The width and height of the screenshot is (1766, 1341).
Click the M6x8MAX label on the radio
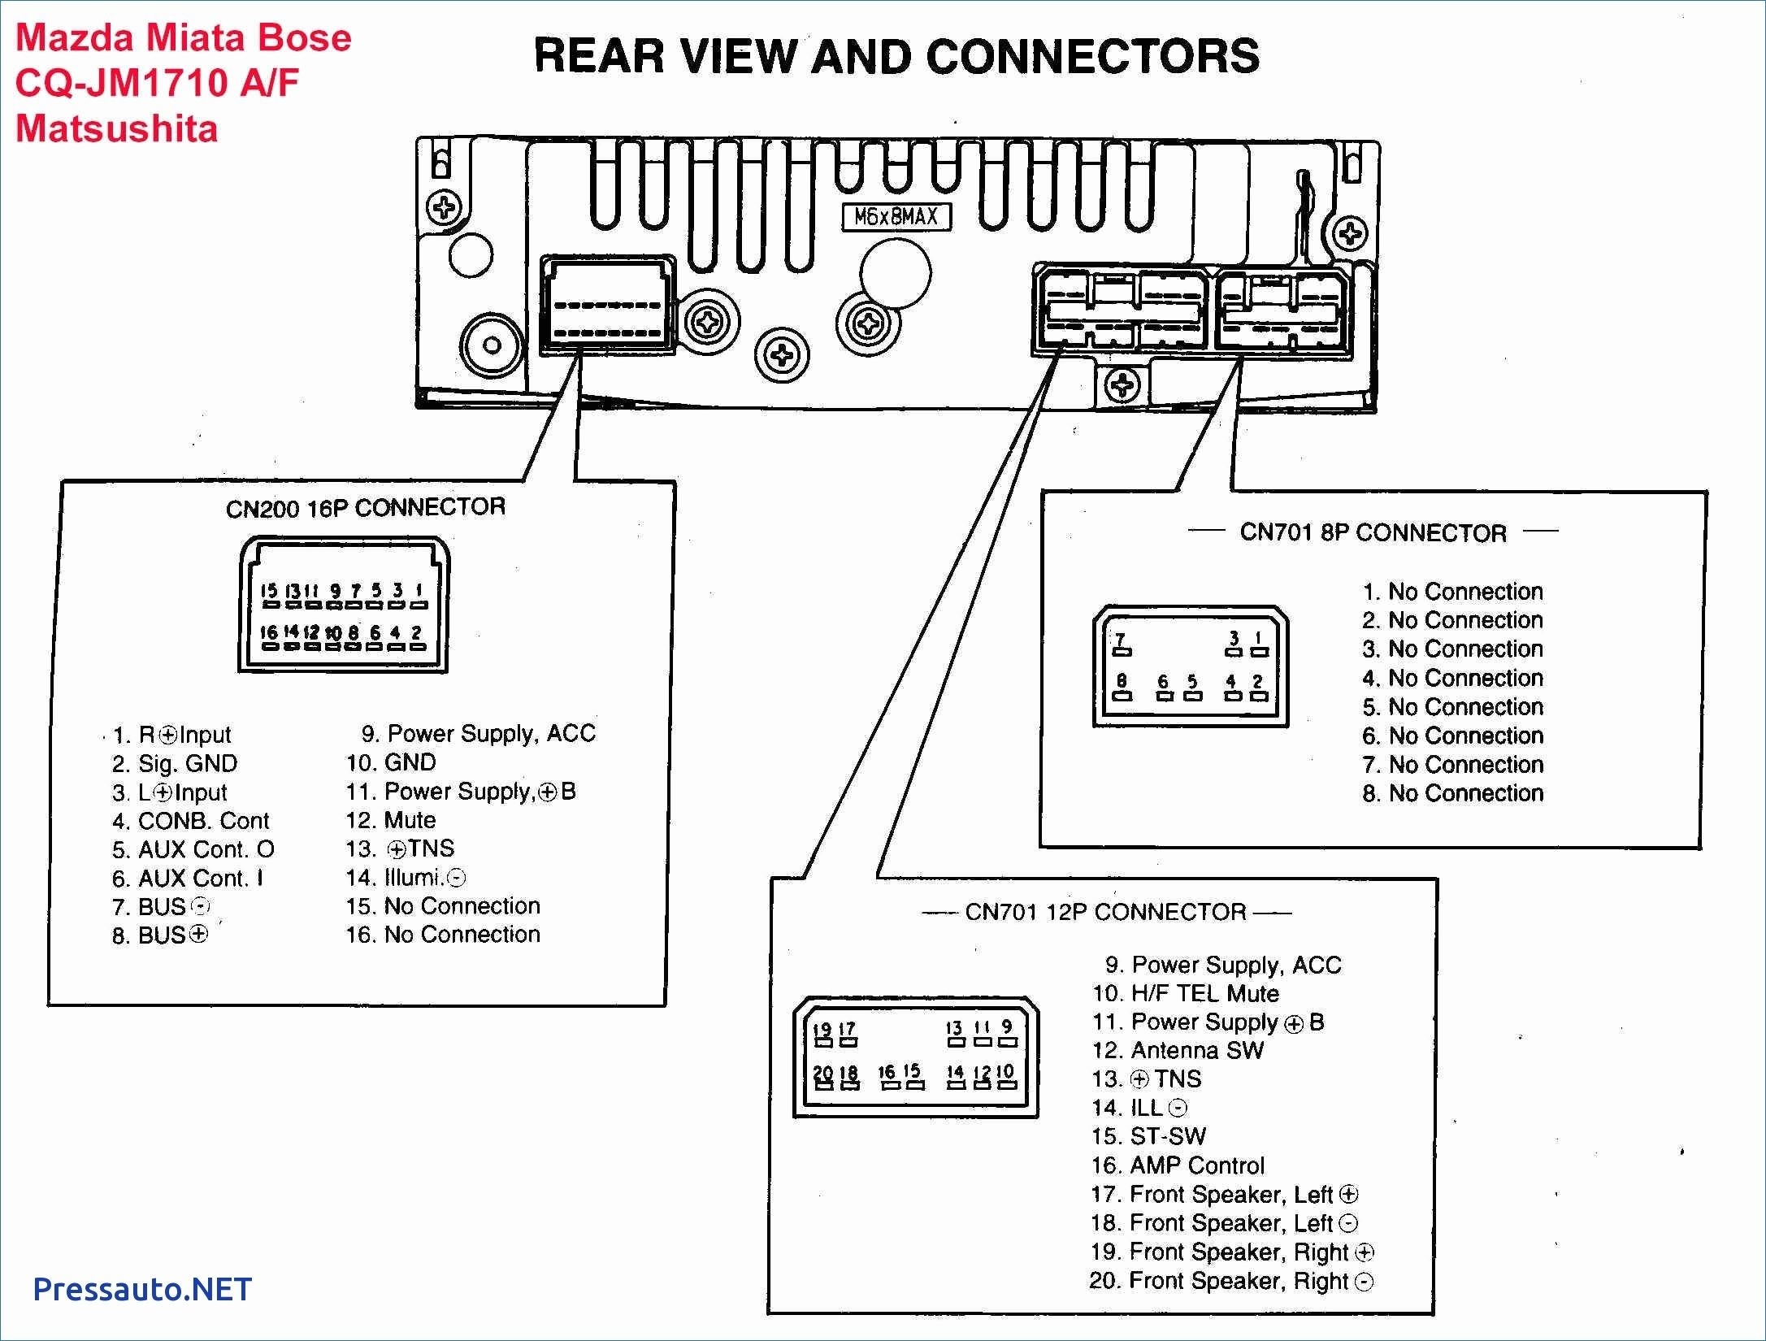[896, 217]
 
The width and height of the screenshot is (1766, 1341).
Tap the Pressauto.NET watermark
[142, 1289]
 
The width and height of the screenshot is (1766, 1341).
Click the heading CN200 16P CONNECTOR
[365, 508]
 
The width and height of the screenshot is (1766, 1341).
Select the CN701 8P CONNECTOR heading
[1373, 532]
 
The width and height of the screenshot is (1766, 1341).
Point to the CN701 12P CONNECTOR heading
[1105, 912]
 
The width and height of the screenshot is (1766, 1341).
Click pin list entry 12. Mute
[391, 820]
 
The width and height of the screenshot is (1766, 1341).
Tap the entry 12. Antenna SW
[1178, 1050]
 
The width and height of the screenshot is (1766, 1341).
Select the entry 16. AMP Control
[1178, 1165]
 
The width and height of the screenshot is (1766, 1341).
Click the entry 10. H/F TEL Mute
[1185, 993]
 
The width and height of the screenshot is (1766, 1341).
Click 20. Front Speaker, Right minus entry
[1230, 1281]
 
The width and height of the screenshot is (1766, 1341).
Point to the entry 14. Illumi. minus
[406, 878]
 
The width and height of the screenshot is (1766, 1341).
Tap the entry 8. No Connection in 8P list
[1452, 793]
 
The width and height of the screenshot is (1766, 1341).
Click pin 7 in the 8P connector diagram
[1121, 644]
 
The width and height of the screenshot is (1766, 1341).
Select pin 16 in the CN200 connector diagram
[269, 638]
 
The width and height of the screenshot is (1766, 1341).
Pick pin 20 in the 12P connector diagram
[822, 1078]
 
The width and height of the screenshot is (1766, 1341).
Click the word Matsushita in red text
[117, 128]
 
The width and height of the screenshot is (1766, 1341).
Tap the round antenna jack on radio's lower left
[492, 345]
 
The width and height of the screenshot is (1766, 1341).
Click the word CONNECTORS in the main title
[1091, 57]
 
